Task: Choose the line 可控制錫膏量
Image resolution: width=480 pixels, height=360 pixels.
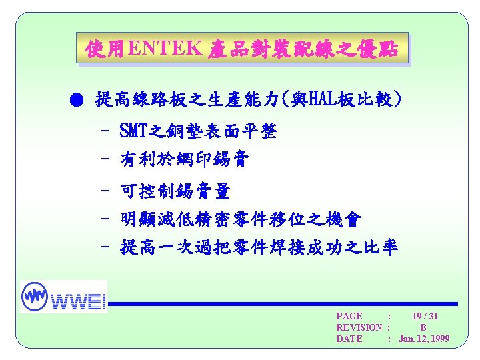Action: coord(175,192)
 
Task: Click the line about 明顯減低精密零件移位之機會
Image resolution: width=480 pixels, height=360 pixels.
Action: coord(241,219)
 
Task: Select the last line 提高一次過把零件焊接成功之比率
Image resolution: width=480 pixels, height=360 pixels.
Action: coord(259,247)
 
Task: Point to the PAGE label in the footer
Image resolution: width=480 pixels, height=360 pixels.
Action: coord(349,316)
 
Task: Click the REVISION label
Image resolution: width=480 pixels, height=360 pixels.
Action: coord(359,327)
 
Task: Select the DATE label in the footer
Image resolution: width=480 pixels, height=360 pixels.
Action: coord(349,339)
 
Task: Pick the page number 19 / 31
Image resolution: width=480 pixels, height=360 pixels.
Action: coord(425,316)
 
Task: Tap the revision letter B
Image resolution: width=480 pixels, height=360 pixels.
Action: coord(423,327)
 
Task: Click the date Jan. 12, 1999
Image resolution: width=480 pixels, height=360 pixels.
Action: coord(424,339)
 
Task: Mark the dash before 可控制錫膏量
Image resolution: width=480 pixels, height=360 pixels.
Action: coord(105,192)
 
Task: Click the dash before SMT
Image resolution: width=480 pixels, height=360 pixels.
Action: coord(105,131)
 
